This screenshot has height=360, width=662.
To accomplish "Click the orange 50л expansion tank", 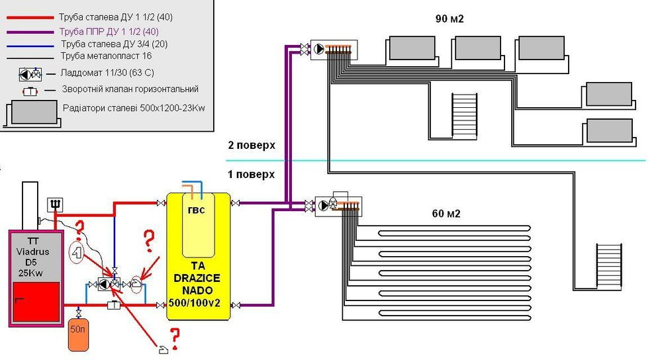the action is (x=79, y=335).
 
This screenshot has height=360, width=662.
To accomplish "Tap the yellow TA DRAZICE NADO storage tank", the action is (x=199, y=256).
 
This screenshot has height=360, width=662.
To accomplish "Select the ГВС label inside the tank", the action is (x=197, y=210).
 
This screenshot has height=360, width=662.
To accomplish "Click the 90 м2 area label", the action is (x=449, y=19).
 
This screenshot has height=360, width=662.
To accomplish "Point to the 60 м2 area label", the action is (x=446, y=214).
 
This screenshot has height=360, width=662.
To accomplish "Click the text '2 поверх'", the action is (x=252, y=145).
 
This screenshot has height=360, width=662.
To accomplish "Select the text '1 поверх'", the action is (x=252, y=174).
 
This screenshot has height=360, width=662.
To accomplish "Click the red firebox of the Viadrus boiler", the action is (x=36, y=302).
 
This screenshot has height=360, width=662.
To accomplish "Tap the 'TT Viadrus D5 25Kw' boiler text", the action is (x=33, y=257).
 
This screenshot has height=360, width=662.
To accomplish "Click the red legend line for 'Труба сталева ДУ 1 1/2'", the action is (x=30, y=18).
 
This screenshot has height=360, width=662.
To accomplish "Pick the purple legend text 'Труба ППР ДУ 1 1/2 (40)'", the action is (x=109, y=32).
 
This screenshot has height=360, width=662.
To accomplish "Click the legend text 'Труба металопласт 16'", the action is (x=106, y=56).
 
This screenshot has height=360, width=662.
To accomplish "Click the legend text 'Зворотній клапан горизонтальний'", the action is (x=130, y=89).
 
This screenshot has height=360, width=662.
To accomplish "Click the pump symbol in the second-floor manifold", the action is (x=319, y=49).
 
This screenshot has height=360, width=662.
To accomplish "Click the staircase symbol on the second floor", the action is (x=464, y=116).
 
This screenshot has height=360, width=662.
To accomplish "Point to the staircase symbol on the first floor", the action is (x=609, y=266).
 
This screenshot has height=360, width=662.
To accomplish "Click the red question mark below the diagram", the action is (x=175, y=339).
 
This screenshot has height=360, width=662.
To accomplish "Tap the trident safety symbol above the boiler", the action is (x=56, y=204).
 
